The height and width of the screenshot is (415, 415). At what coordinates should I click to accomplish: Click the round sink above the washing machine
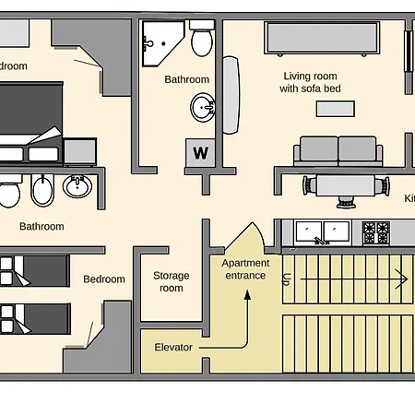click(x=203, y=109)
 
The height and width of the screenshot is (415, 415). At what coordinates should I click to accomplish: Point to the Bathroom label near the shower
click(x=186, y=79)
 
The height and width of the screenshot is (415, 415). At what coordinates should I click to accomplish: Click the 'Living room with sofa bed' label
click(x=309, y=83)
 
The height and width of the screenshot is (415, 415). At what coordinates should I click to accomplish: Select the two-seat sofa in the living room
click(x=338, y=150)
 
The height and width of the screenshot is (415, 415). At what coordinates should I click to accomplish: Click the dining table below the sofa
click(x=347, y=186)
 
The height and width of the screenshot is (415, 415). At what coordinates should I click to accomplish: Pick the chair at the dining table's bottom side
click(x=348, y=200)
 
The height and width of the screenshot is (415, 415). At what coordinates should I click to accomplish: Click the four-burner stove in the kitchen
click(x=375, y=232)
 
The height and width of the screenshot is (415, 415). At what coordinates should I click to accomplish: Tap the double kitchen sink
click(x=322, y=231)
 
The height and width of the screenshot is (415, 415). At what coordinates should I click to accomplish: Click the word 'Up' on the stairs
click(x=287, y=277)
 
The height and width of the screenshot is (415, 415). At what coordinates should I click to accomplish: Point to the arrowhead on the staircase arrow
click(x=402, y=277)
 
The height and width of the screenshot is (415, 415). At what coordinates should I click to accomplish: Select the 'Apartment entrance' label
click(x=245, y=269)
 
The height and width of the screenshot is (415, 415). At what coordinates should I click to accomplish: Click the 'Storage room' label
click(x=171, y=281)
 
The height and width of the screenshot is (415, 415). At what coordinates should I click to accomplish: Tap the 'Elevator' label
click(x=173, y=348)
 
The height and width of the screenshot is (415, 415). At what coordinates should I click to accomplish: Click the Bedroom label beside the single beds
click(x=103, y=279)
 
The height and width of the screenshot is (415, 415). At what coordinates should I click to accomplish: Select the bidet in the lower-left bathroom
click(x=42, y=192)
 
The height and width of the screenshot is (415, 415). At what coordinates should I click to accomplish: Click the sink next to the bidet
click(x=77, y=188)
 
